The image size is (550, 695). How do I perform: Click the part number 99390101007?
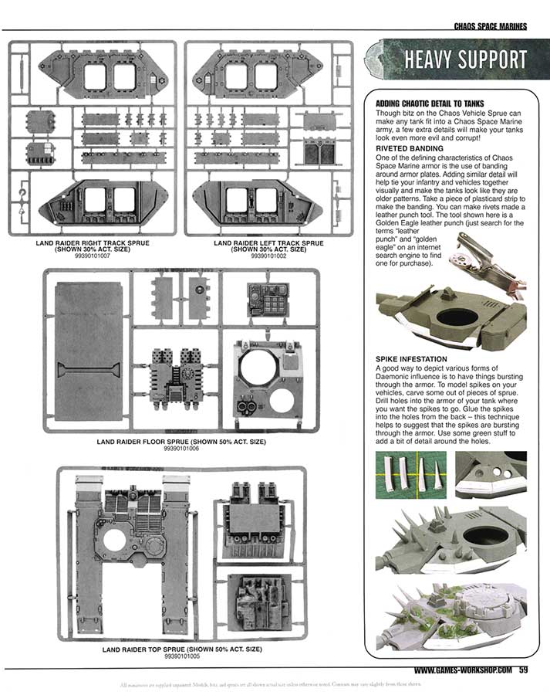coord(92,255)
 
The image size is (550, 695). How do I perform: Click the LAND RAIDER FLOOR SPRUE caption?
coord(182,442)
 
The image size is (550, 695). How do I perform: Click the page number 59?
coord(522,670)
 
